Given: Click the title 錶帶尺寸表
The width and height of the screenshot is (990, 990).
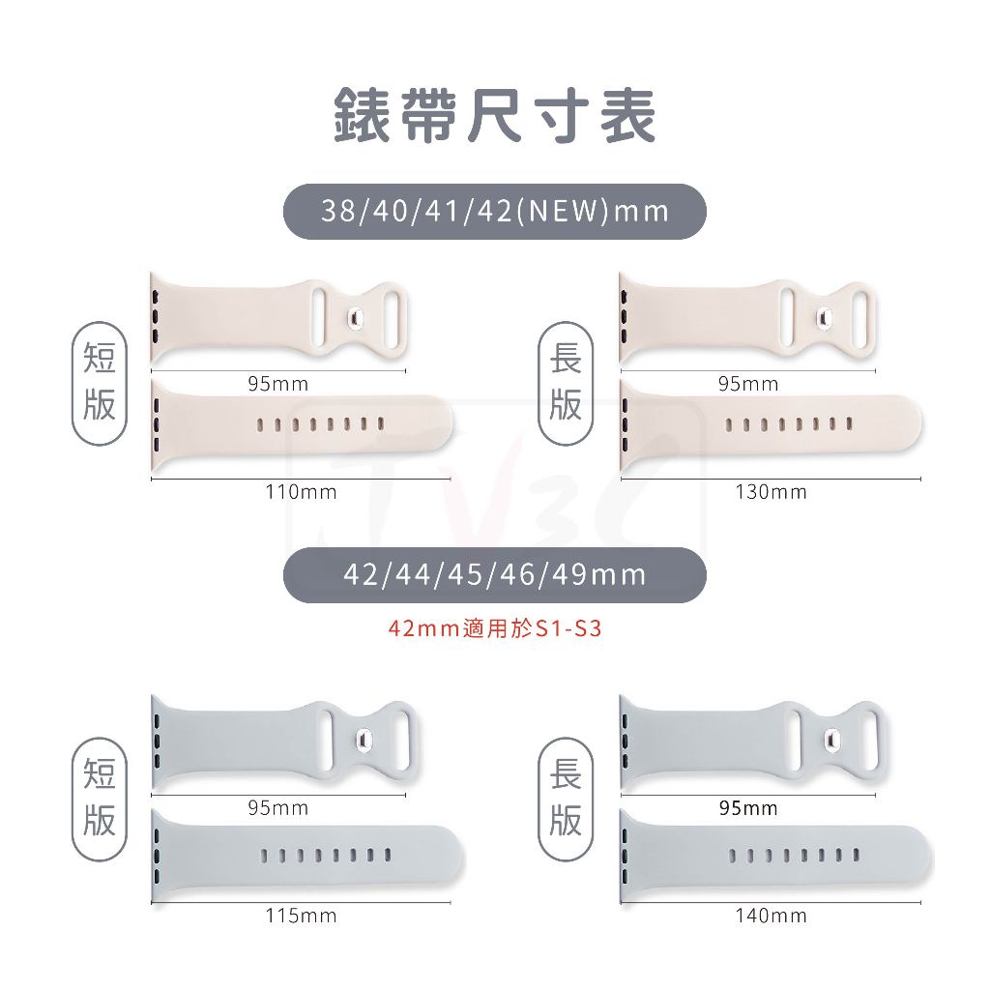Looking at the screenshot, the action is point(495,116).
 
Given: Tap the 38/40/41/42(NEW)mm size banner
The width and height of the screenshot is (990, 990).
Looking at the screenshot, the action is point(494,212).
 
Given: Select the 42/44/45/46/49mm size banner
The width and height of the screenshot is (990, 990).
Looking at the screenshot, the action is point(494,575).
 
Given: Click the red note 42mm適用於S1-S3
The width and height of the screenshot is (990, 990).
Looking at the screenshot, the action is point(495,628).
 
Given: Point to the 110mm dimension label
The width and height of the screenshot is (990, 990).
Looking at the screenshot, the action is point(302,492).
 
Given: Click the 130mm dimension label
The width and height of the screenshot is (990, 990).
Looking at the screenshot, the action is point(771,492).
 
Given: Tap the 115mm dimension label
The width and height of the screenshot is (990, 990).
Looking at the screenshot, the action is point(302,916).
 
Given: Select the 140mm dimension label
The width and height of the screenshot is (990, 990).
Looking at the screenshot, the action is point(771,916).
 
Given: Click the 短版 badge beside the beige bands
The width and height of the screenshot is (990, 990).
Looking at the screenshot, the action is point(100,383).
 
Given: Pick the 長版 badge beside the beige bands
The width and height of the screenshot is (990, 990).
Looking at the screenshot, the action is point(566,383).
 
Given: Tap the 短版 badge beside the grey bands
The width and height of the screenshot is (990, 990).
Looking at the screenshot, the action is point(100,799).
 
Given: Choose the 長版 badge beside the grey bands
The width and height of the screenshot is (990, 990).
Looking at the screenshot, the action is point(566,799).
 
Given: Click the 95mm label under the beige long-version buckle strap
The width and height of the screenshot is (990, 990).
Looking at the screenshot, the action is point(748,384).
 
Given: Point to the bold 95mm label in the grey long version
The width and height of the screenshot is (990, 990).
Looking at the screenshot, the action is point(748,808).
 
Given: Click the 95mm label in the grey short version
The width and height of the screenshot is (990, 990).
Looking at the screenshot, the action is point(278,808).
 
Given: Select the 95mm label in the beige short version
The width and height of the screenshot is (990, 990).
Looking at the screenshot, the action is point(278,384).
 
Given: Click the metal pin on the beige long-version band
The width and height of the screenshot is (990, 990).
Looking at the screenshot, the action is point(824,317).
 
